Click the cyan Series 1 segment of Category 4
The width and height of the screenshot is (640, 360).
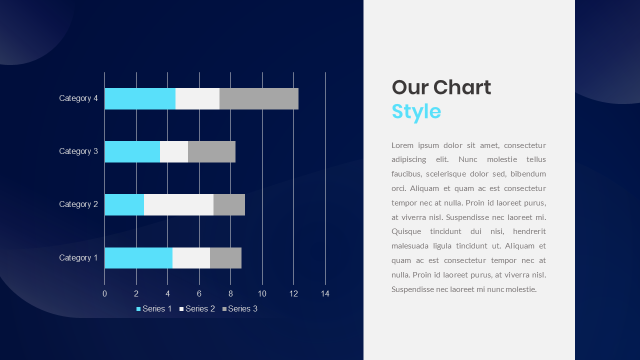point(140,98)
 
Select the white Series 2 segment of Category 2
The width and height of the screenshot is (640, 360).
point(178,204)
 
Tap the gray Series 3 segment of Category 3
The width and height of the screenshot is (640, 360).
point(211,151)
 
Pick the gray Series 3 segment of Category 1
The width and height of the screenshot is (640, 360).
point(225,258)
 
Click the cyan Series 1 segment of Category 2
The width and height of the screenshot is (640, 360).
point(124,204)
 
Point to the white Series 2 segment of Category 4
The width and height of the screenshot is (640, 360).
point(197,98)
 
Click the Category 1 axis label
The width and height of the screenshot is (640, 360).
point(78,258)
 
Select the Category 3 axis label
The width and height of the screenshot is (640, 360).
point(78,151)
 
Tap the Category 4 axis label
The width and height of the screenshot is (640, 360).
point(78,98)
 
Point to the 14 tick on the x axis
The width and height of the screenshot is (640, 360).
point(325,294)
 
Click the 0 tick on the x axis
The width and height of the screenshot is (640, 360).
point(104,294)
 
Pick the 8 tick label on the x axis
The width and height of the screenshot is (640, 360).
point(230,294)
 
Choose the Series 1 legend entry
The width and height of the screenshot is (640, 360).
point(154,309)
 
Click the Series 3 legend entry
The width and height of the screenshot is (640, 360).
point(240,309)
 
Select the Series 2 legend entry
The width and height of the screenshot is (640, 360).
point(197,309)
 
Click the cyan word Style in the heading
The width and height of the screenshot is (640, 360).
point(416,111)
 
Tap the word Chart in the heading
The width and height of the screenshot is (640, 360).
point(462,87)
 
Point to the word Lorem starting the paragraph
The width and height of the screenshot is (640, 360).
point(403,145)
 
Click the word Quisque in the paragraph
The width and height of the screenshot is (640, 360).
point(408,232)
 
